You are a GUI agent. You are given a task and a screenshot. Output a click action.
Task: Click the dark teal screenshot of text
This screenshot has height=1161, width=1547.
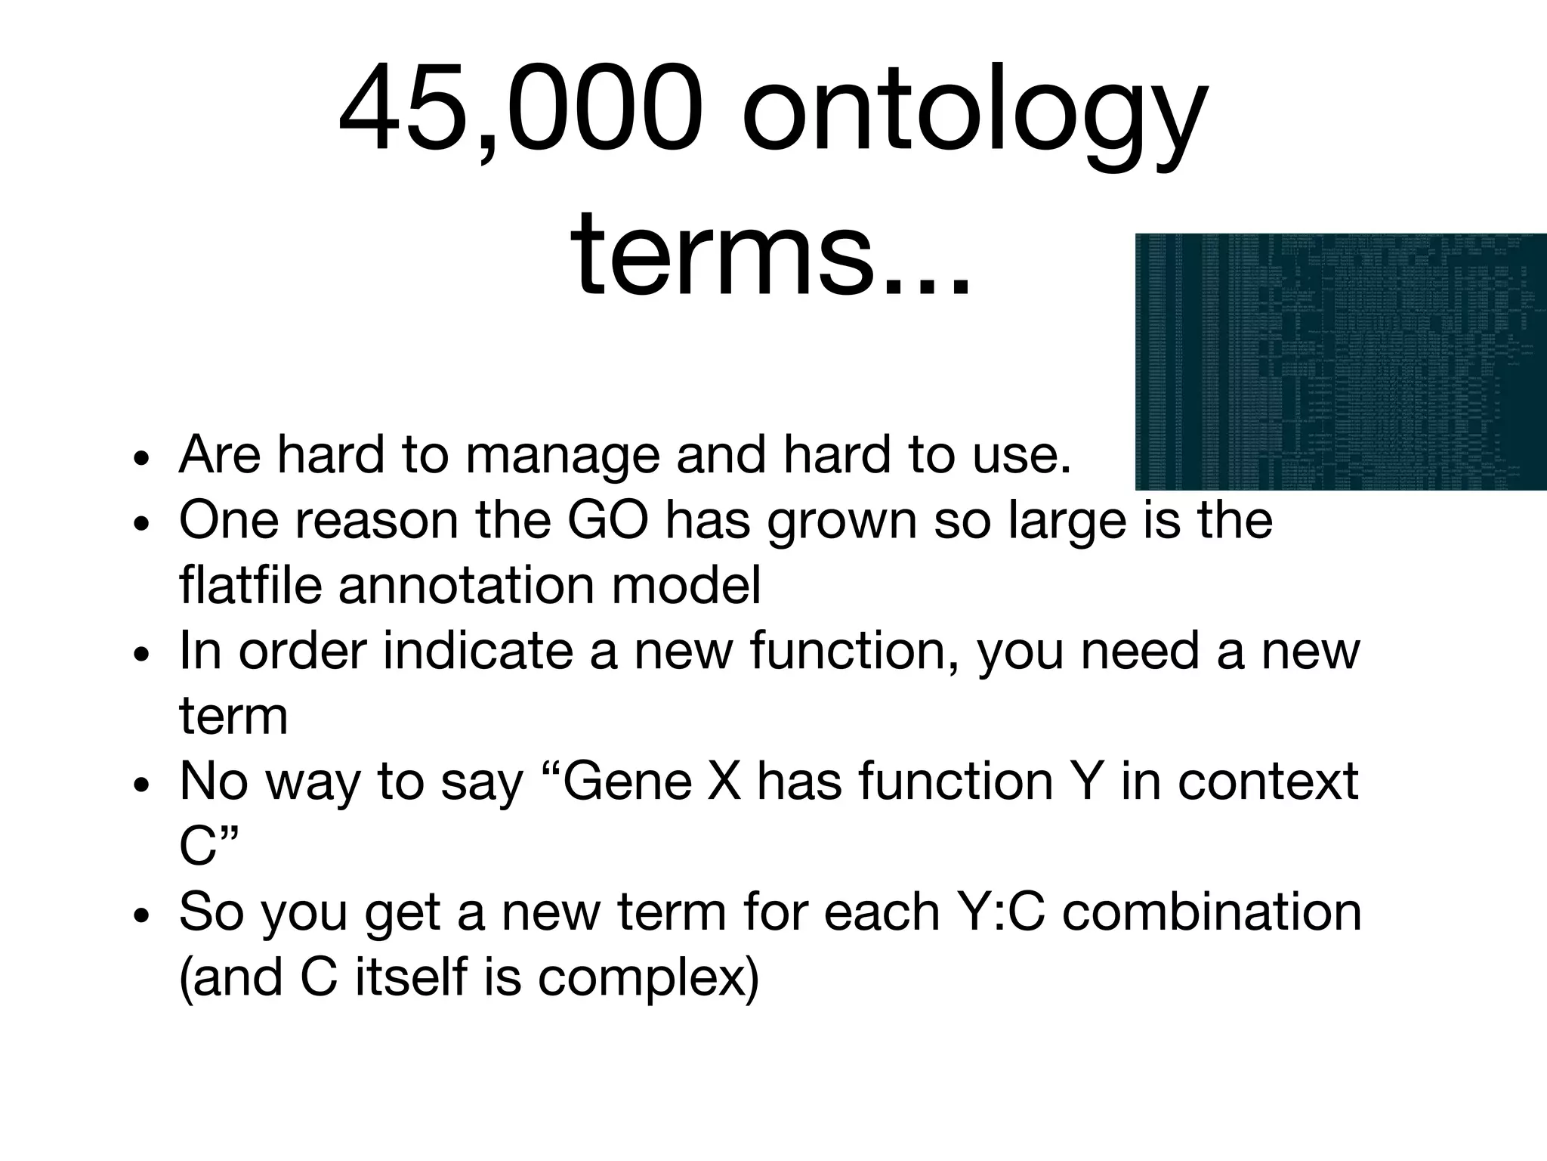[1340, 361]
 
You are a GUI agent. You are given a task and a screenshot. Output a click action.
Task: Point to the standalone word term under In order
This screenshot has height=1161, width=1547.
[233, 716]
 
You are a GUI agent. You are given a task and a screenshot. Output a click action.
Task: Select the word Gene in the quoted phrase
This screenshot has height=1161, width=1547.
[628, 782]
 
